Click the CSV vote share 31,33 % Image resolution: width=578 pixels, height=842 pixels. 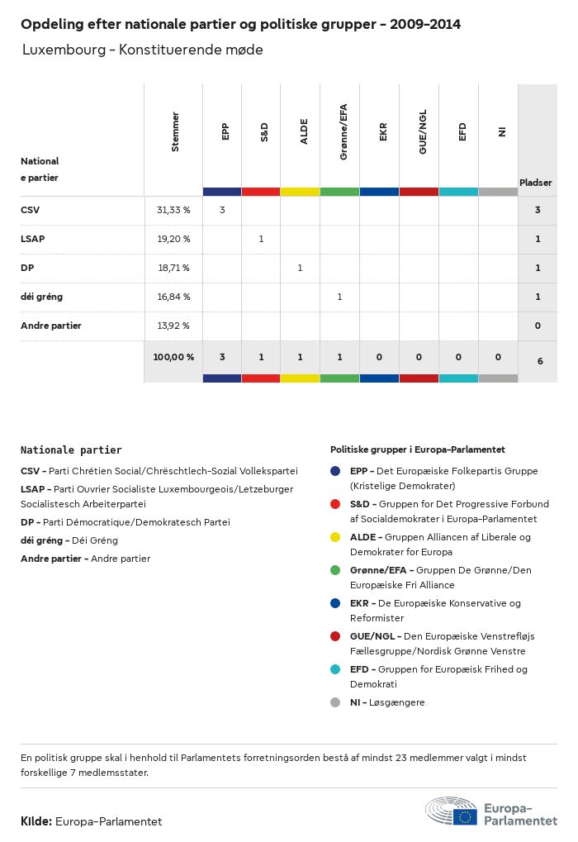[173, 210]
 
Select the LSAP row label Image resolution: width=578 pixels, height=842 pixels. [33, 239]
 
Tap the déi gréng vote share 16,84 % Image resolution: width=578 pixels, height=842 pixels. [173, 297]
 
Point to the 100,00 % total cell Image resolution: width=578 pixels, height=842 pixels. [173, 357]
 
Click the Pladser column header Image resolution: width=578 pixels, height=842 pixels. [536, 182]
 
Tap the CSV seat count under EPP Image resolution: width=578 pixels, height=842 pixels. [222, 210]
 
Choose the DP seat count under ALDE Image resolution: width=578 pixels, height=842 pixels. [300, 268]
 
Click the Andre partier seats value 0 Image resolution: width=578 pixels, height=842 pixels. [538, 326]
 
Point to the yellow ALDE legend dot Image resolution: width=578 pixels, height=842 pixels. [335, 537]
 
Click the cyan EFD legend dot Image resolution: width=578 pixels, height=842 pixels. [335, 669]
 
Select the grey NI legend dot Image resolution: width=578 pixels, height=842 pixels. [335, 702]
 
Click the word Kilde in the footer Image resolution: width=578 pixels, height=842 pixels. [36, 821]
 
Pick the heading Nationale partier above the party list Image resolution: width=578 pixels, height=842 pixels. [71, 450]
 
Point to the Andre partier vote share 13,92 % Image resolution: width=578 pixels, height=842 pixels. [173, 326]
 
